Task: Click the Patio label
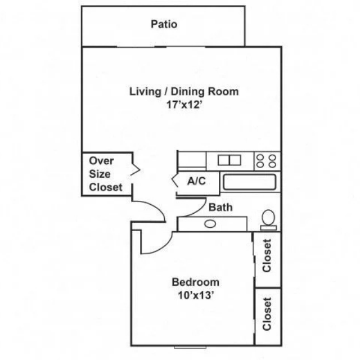click(x=164, y=24)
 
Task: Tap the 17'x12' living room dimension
click(x=184, y=105)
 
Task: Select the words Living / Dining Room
click(x=184, y=91)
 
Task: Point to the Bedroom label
click(x=195, y=282)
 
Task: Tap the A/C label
click(x=196, y=181)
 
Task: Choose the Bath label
click(x=220, y=208)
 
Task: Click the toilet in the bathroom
click(x=268, y=220)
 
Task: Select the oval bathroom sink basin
click(x=210, y=224)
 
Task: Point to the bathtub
click(x=250, y=182)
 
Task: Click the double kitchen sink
click(x=229, y=160)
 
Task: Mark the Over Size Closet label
click(x=106, y=174)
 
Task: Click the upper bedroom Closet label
click(x=267, y=255)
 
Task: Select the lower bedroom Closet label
click(x=267, y=314)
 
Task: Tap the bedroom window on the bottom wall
click(x=190, y=347)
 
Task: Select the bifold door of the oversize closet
click(x=135, y=170)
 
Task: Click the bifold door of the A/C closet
click(x=174, y=181)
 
